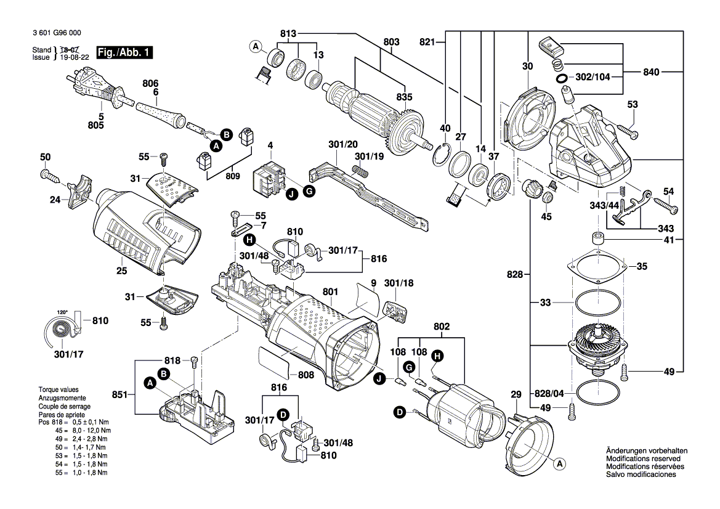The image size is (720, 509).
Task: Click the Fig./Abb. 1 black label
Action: pyautogui.click(x=124, y=54)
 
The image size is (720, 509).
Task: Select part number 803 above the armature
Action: pyautogui.click(x=391, y=41)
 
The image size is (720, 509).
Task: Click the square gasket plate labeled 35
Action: pyautogui.click(x=597, y=267)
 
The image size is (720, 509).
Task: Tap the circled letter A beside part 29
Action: pyautogui.click(x=559, y=463)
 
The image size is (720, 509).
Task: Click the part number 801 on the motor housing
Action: pyautogui.click(x=330, y=292)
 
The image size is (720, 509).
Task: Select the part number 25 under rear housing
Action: pyautogui.click(x=121, y=271)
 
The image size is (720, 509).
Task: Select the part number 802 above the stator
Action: pyautogui.click(x=442, y=326)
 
